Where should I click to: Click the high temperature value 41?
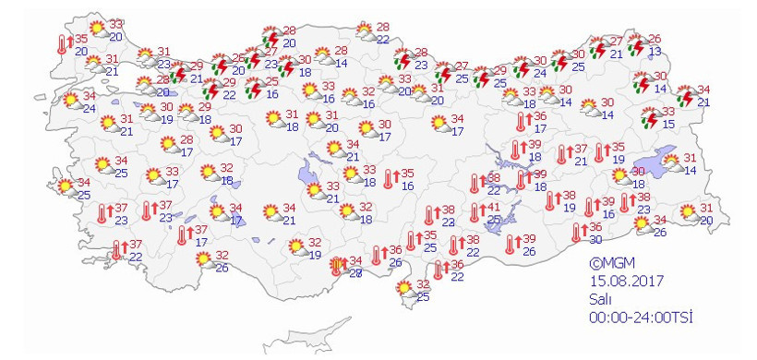(494, 207)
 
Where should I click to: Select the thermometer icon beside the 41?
(475, 213)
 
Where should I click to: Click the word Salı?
(601, 299)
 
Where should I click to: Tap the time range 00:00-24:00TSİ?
(641, 317)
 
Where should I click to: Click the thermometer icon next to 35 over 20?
(62, 43)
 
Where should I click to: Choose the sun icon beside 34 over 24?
(70, 101)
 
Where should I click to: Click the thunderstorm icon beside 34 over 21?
(685, 96)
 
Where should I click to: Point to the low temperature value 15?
(668, 124)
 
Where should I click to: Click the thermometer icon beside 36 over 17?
(522, 122)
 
